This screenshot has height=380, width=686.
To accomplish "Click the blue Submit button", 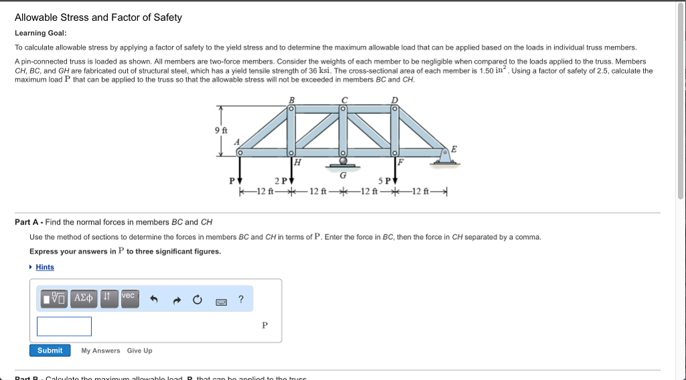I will click(50, 351).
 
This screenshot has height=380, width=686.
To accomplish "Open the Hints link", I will click(45, 267).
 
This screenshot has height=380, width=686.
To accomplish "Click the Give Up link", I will click(139, 351).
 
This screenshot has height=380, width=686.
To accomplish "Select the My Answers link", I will click(100, 351).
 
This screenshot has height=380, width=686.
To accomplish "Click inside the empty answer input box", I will click(64, 326).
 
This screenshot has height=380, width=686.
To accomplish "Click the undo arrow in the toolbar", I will click(153, 300).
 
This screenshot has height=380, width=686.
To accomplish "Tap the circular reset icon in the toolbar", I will click(198, 300).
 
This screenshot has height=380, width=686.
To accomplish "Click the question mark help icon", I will click(241, 300).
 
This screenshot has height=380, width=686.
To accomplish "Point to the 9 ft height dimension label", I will click(220, 130).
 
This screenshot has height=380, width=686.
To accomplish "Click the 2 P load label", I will click(281, 181).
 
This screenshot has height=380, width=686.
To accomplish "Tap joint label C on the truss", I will click(344, 100).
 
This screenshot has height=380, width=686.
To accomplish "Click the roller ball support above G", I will click(343, 160).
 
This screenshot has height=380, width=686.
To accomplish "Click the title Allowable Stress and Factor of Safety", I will click(98, 17).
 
